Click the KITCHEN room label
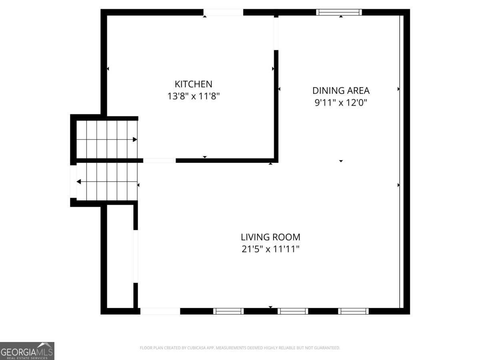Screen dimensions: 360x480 [x=193, y=84]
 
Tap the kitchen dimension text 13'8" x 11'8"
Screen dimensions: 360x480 [x=193, y=96]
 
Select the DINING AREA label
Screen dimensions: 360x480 [x=341, y=90]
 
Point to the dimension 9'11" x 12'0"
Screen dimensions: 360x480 [x=341, y=103]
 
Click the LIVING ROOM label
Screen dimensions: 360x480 [x=270, y=237]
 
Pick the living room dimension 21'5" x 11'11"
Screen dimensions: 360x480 [x=270, y=249]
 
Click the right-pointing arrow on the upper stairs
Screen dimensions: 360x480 [x=135, y=140]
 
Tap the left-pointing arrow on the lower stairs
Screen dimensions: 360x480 [x=79, y=182]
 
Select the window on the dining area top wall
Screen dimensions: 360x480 [x=339, y=12]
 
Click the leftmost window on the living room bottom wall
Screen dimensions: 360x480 [x=228, y=311]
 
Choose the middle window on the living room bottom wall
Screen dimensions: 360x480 [x=293, y=311]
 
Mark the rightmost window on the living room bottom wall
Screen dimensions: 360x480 [x=353, y=311]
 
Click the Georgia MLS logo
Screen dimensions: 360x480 [x=27, y=351]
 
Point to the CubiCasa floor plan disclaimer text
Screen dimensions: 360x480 [x=240, y=348]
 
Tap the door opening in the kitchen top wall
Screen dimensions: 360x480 [x=223, y=12]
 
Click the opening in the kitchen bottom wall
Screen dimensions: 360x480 [x=159, y=160]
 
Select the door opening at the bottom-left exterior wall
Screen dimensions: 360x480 [x=160, y=311]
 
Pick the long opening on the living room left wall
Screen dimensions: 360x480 [x=136, y=256]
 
